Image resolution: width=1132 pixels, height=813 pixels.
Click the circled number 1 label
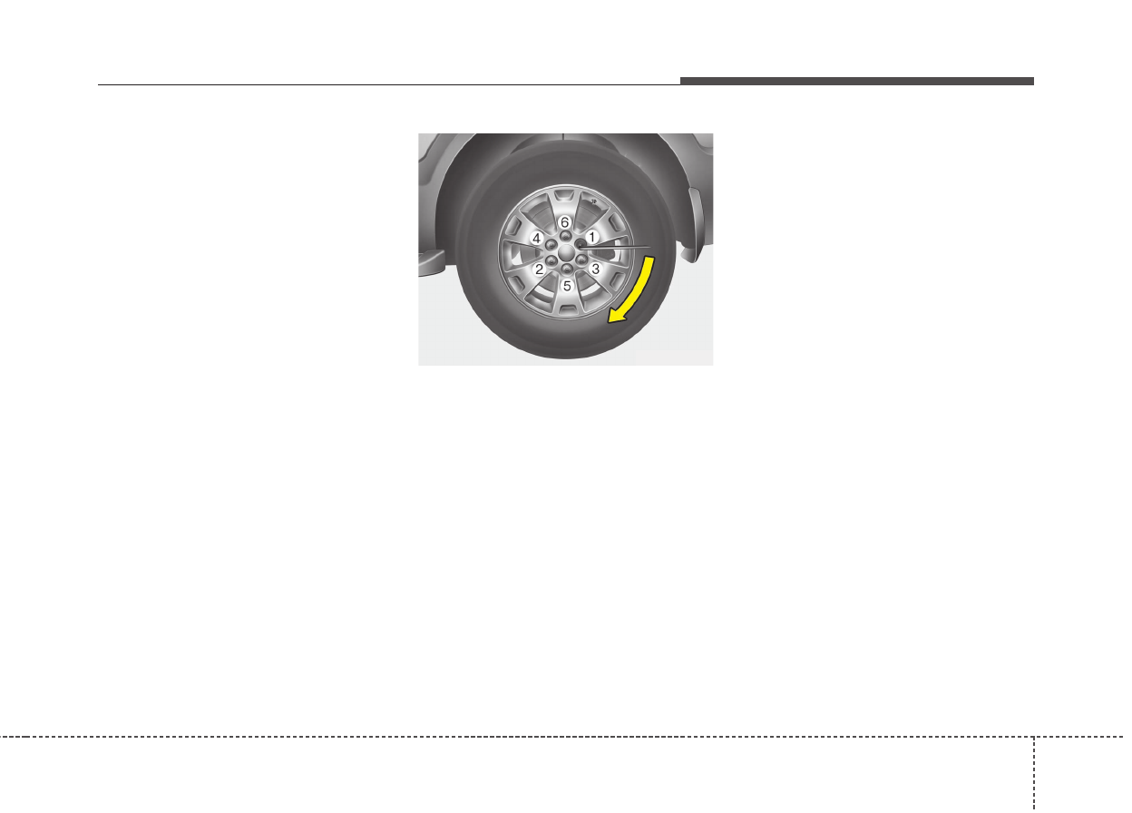point(592,237)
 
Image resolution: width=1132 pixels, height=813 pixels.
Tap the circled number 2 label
point(539,269)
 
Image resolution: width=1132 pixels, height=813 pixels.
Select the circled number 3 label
point(595,269)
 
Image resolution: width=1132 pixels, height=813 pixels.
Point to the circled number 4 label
point(537,238)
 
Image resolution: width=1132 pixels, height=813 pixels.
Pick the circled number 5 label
point(567,286)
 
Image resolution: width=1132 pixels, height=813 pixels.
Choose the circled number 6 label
point(565,222)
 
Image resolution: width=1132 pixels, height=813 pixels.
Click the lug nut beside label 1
point(581,245)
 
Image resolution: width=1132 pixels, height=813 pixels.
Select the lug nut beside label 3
point(581,260)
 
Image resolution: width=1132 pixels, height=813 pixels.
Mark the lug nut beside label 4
point(551,245)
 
